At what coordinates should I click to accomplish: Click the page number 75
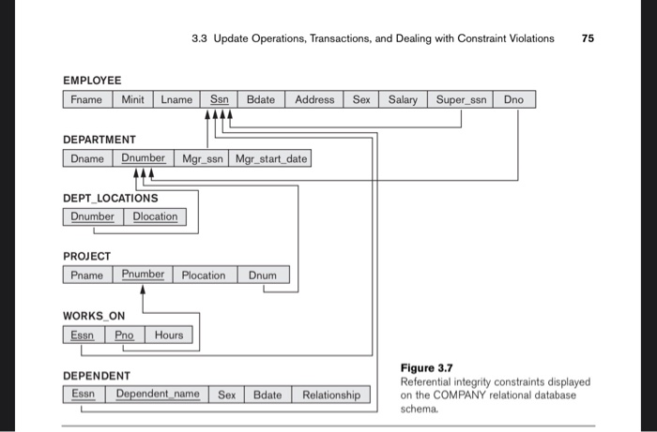pos(588,38)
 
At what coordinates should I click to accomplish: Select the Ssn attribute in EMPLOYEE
pos(219,99)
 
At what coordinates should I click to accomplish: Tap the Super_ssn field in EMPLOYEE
pos(462,99)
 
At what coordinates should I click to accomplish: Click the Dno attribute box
pos(514,99)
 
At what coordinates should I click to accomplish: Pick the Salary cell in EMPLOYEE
pos(403,99)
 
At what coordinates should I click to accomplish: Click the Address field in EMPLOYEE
pos(314,99)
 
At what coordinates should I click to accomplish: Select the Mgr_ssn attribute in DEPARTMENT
pos(200,158)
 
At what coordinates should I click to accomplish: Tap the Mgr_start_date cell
pos(270,158)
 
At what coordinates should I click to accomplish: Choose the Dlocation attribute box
pos(155,216)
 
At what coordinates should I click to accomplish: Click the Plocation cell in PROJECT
pos(204,275)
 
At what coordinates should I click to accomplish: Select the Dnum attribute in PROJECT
pos(264,275)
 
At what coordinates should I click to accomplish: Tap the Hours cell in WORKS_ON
pos(169,335)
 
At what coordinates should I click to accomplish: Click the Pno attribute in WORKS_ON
pos(125,335)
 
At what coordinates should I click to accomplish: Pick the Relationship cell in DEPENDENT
pos(330,395)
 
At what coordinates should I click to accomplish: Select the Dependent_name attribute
pos(158,395)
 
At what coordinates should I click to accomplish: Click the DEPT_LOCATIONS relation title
pos(110,198)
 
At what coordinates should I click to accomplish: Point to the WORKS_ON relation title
pos(93,316)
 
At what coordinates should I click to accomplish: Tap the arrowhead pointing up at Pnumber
pos(143,290)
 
